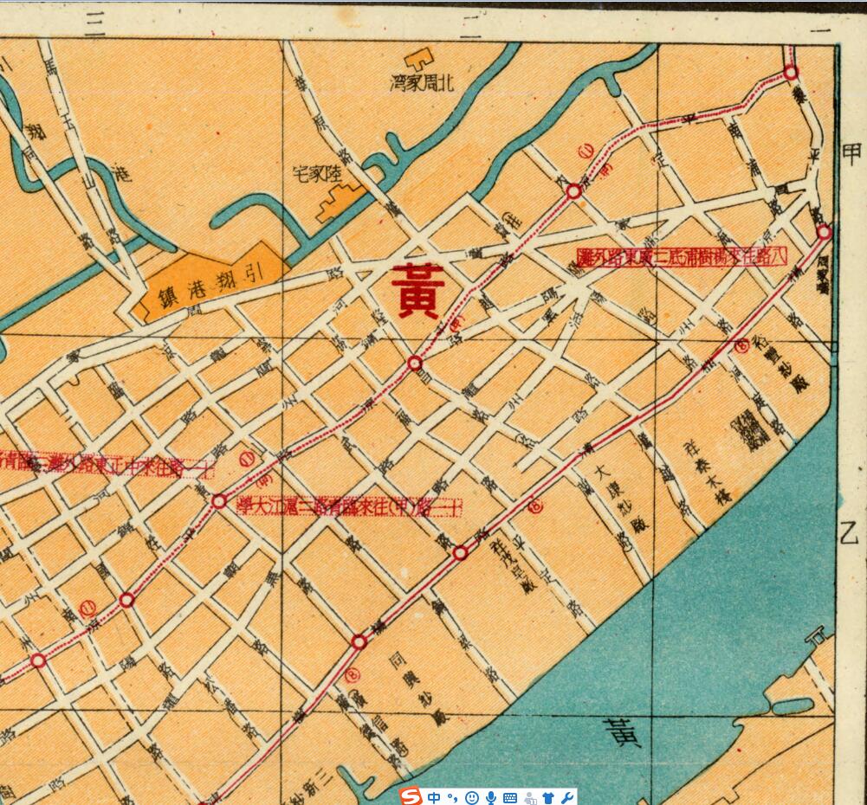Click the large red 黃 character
click(x=418, y=291)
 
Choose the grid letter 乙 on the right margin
click(x=850, y=532)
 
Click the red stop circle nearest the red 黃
click(x=415, y=363)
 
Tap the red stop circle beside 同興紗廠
click(x=359, y=641)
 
